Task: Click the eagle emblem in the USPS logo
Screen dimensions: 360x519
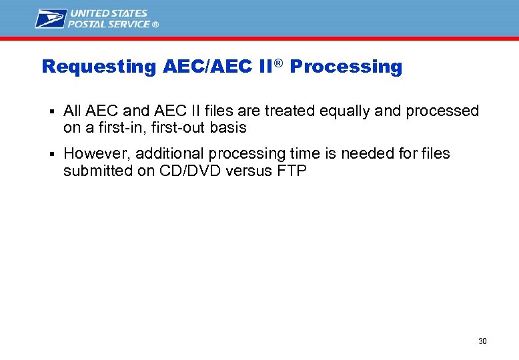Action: [x=51, y=19]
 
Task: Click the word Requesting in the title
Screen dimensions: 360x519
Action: [x=98, y=67]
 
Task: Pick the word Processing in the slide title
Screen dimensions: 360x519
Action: [x=346, y=67]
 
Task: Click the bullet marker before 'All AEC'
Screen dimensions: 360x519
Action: [x=51, y=111]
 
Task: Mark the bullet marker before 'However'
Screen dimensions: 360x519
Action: [x=51, y=154]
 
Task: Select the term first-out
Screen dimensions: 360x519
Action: [x=177, y=127]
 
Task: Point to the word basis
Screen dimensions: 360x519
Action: [x=229, y=127]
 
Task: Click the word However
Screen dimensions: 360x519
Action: [x=96, y=153]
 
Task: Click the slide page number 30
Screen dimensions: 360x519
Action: [x=482, y=341]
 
